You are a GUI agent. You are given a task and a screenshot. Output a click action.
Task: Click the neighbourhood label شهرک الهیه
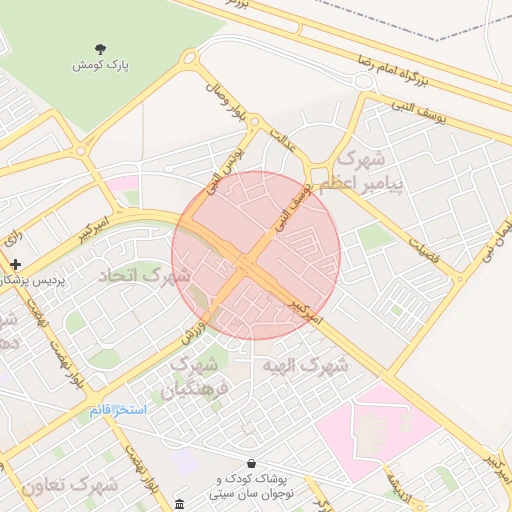304,365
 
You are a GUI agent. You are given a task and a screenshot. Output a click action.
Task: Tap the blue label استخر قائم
117,410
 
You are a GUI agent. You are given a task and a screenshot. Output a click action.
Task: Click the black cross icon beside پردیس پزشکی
15,264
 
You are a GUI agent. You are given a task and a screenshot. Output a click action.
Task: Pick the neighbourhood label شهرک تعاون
67,486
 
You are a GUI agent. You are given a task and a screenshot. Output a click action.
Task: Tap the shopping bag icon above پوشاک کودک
249,463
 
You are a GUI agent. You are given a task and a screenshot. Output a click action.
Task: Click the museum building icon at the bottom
178,503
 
